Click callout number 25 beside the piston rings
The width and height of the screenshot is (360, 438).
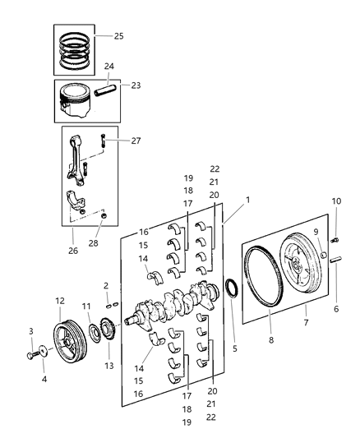click(118, 37)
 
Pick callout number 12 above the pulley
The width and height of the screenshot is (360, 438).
click(59, 301)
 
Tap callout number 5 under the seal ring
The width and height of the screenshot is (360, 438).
click(234, 348)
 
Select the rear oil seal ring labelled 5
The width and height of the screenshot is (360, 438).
click(233, 290)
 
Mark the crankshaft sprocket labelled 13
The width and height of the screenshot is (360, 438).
click(107, 338)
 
